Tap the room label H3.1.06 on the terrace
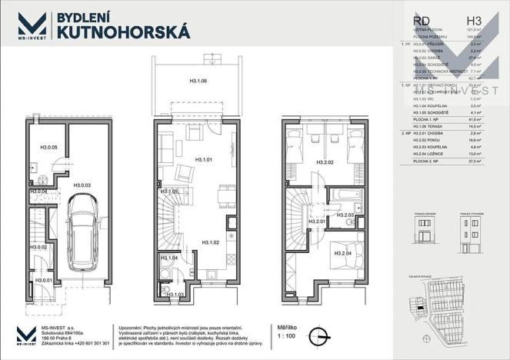(202, 80)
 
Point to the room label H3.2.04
(343, 252)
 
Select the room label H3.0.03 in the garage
(83, 185)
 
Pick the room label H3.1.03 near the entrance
(178, 294)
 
